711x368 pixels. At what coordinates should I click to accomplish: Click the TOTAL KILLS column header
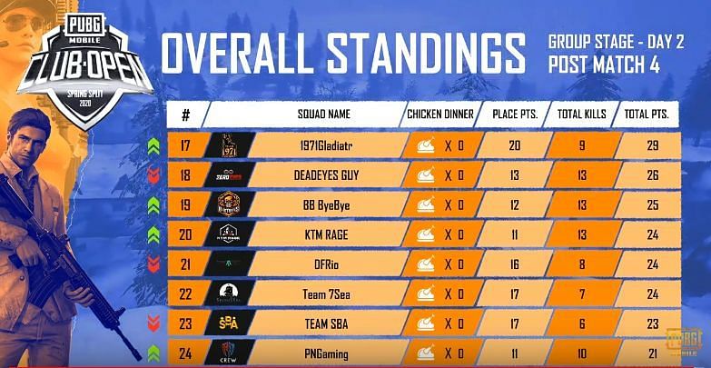[581, 115]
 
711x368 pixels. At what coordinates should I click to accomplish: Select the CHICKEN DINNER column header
[440, 115]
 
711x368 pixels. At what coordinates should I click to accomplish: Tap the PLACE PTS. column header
[514, 115]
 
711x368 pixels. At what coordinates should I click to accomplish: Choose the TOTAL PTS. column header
[647, 115]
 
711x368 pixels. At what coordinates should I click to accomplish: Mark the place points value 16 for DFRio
[515, 264]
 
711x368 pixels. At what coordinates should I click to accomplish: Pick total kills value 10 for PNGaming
[581, 353]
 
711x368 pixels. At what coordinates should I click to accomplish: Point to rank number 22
[186, 293]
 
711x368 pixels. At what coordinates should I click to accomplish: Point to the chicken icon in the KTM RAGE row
[424, 234]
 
